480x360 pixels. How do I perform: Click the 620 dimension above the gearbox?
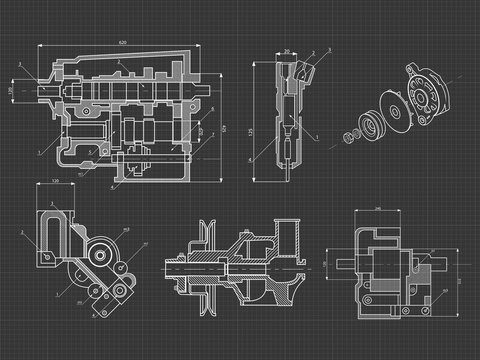coord(122,43)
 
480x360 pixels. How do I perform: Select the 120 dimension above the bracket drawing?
coord(55,182)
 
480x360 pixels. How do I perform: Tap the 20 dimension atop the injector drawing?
coord(286,50)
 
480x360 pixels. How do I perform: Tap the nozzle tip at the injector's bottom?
coord(287,172)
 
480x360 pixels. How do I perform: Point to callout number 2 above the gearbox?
coord(117,62)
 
